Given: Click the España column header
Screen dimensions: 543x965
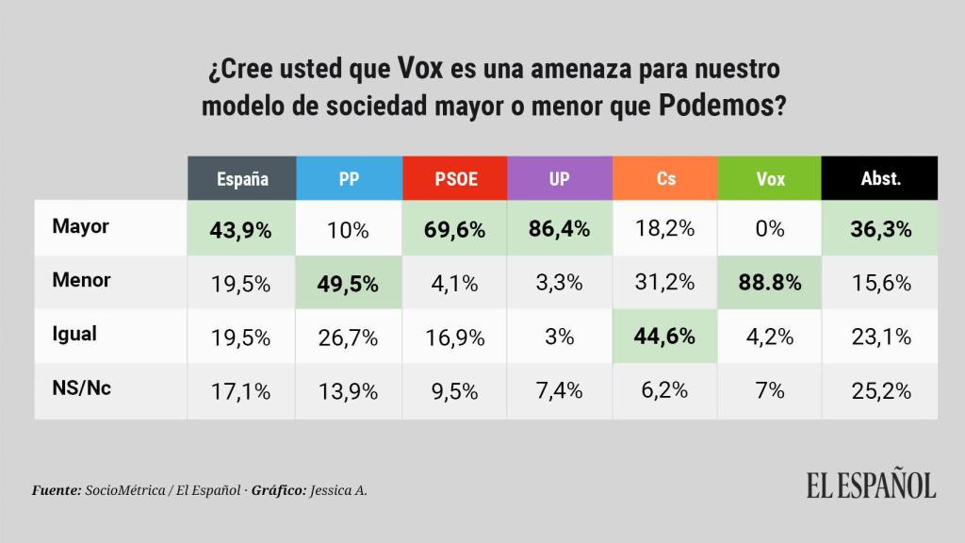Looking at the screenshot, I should coord(242,178).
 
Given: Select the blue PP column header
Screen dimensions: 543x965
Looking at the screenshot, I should coord(349,178).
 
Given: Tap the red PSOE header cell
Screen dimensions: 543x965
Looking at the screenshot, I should coord(454,178).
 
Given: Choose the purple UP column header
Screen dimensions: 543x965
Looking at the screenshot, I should coord(560,178).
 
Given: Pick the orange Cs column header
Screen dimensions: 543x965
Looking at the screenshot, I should coord(665,178).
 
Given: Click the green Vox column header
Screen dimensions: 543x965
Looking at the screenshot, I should coord(770,178).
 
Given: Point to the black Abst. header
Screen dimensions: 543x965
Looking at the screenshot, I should coord(880,178).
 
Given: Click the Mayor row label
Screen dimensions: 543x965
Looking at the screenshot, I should coord(81,227).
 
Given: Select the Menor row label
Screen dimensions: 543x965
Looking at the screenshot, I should coord(82,280).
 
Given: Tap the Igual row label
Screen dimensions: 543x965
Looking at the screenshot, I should coord(74,334).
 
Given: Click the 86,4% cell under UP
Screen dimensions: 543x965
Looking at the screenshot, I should coord(560,228).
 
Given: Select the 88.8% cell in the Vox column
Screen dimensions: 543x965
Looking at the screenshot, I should coord(770,282).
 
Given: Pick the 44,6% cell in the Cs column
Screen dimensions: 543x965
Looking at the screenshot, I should coord(665,336).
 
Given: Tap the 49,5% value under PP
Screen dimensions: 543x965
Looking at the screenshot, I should coord(349,282).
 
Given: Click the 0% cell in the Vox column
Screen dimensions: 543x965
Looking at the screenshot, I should coord(770,228).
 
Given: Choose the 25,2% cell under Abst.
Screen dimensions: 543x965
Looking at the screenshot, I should coord(880,389).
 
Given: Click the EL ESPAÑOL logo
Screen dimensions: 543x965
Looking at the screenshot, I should coord(870,485).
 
